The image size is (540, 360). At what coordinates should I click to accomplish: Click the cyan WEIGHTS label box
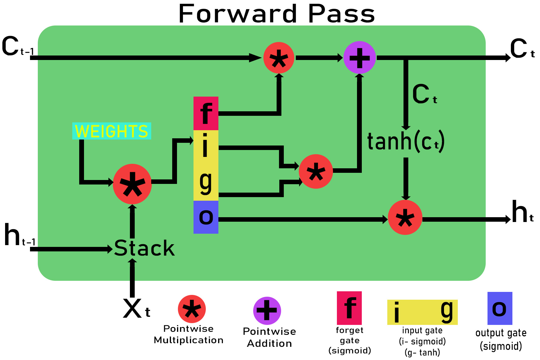(112, 131)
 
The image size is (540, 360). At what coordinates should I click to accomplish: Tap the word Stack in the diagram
(144, 248)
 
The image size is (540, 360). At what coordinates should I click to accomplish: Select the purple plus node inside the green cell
(359, 58)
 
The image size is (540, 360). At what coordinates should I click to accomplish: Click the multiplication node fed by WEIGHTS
(132, 184)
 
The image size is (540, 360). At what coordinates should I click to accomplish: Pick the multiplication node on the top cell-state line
(279, 58)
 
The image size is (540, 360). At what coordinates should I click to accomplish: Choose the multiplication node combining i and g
(316, 172)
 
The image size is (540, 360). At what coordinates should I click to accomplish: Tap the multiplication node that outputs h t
(405, 217)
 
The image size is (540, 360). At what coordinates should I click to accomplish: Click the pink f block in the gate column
(206, 113)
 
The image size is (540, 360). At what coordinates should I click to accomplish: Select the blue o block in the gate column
(206, 217)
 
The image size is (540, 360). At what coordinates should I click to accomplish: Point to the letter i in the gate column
(205, 146)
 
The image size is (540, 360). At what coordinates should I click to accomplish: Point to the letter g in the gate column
(206, 182)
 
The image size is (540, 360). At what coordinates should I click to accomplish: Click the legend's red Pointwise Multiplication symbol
(192, 309)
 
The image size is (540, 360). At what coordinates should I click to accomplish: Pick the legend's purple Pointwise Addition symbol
(267, 310)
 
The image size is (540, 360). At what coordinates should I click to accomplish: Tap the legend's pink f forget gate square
(349, 308)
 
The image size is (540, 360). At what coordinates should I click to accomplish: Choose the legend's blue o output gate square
(499, 308)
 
